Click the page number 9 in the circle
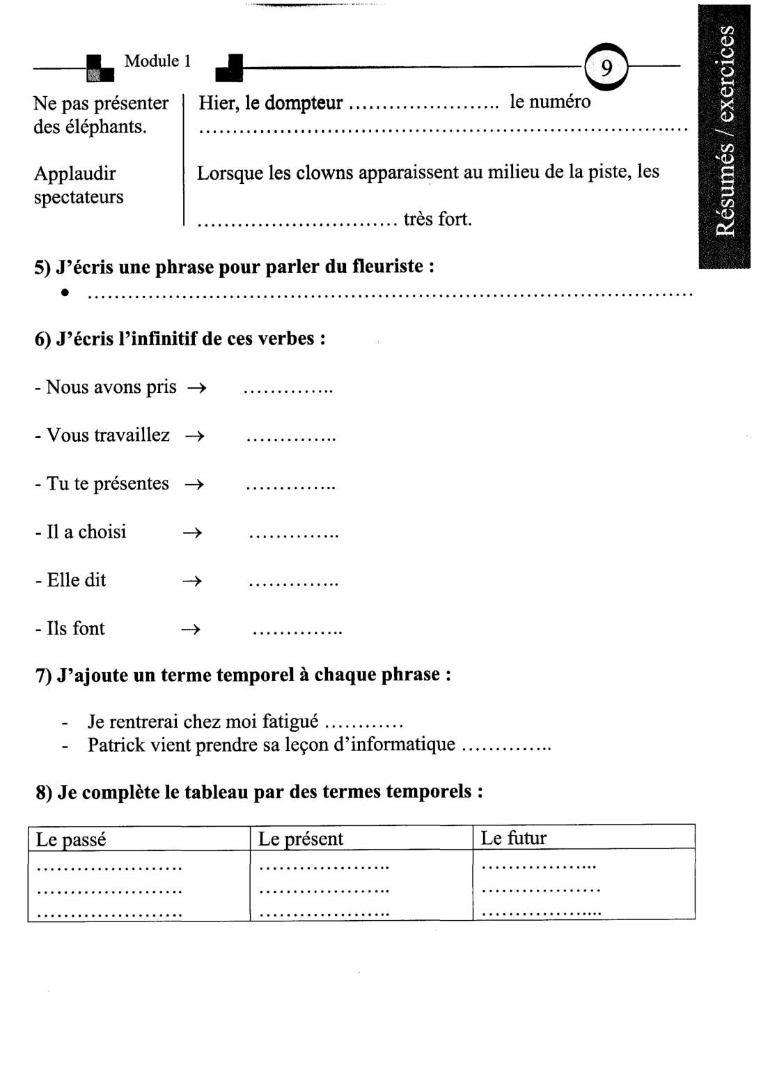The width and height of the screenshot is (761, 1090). (606, 68)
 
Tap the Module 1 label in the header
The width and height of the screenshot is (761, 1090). (157, 61)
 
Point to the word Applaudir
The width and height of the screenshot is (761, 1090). (74, 173)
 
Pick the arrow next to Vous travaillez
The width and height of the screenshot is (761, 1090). (195, 437)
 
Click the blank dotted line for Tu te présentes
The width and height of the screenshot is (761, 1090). (290, 486)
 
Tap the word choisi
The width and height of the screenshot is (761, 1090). (102, 532)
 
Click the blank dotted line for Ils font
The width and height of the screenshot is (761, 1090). (297, 632)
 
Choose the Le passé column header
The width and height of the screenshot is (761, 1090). (71, 839)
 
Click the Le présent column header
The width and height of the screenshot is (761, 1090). (301, 839)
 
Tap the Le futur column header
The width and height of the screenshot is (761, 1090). (513, 838)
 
